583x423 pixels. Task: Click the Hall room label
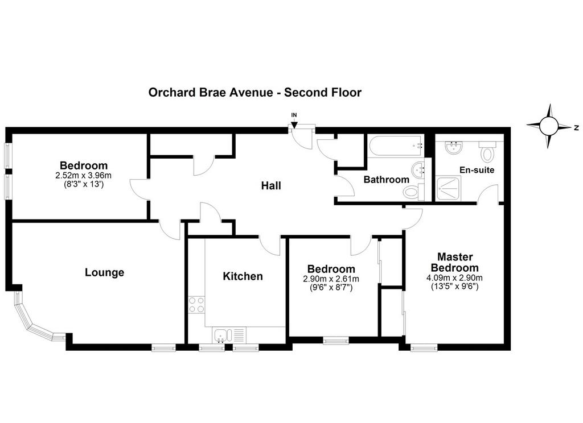pyautogui.click(x=270, y=185)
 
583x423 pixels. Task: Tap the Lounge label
pyautogui.click(x=105, y=272)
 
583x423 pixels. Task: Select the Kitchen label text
pyautogui.click(x=243, y=276)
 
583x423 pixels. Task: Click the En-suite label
pyautogui.click(x=477, y=170)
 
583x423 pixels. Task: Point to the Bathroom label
pyautogui.click(x=387, y=180)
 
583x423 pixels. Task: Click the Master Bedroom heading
pyautogui.click(x=455, y=262)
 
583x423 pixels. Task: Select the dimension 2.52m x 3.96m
pyautogui.click(x=83, y=175)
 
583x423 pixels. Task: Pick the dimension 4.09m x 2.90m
pyautogui.click(x=455, y=278)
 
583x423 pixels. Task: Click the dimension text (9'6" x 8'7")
pyautogui.click(x=331, y=287)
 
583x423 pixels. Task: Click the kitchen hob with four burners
pyautogui.click(x=196, y=305)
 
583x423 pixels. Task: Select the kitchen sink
pyautogui.click(x=229, y=335)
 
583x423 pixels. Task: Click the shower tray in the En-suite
pyautogui.click(x=448, y=188)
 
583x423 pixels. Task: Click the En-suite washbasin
pyautogui.click(x=453, y=148)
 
